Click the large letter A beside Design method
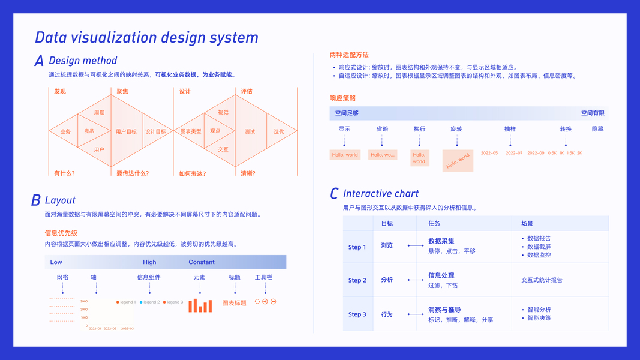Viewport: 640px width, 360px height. click(x=39, y=61)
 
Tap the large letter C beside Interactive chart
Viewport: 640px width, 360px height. click(x=334, y=194)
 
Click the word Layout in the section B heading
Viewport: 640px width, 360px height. click(x=60, y=200)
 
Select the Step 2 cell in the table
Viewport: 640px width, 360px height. click(x=357, y=280)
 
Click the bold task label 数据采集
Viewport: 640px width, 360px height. click(x=441, y=241)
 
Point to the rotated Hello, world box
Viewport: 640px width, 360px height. click(x=458, y=161)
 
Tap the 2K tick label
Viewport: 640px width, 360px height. click(x=579, y=153)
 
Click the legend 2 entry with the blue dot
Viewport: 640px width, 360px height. click(x=150, y=302)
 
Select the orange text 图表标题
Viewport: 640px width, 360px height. click(x=234, y=303)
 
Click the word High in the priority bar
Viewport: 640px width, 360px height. click(x=149, y=262)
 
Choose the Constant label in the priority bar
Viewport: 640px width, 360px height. click(x=202, y=262)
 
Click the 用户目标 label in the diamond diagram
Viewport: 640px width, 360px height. click(x=126, y=131)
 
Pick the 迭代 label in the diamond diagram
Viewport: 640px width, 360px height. click(x=279, y=131)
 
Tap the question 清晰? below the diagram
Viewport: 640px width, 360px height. click(x=248, y=173)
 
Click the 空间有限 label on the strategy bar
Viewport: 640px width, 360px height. click(x=593, y=113)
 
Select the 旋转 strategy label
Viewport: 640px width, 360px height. click(x=456, y=129)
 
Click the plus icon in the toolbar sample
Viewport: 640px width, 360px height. click(x=265, y=302)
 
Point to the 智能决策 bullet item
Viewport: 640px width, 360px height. click(x=539, y=318)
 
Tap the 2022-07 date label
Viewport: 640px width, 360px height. click(x=514, y=153)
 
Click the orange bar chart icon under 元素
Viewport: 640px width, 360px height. click(x=200, y=305)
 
